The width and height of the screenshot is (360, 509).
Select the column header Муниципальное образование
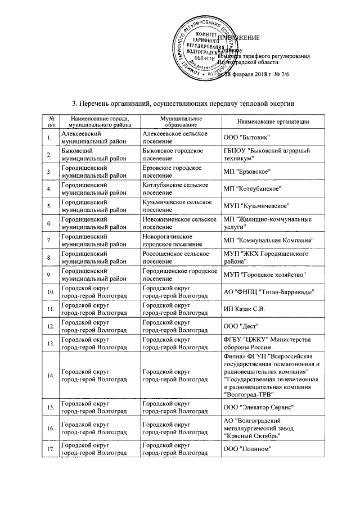(x=180, y=122)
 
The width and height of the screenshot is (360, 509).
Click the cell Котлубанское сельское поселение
(x=179, y=188)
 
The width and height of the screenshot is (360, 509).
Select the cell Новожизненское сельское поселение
(x=179, y=223)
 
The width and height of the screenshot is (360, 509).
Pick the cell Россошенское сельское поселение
(x=179, y=258)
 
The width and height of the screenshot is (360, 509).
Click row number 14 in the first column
(x=50, y=375)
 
